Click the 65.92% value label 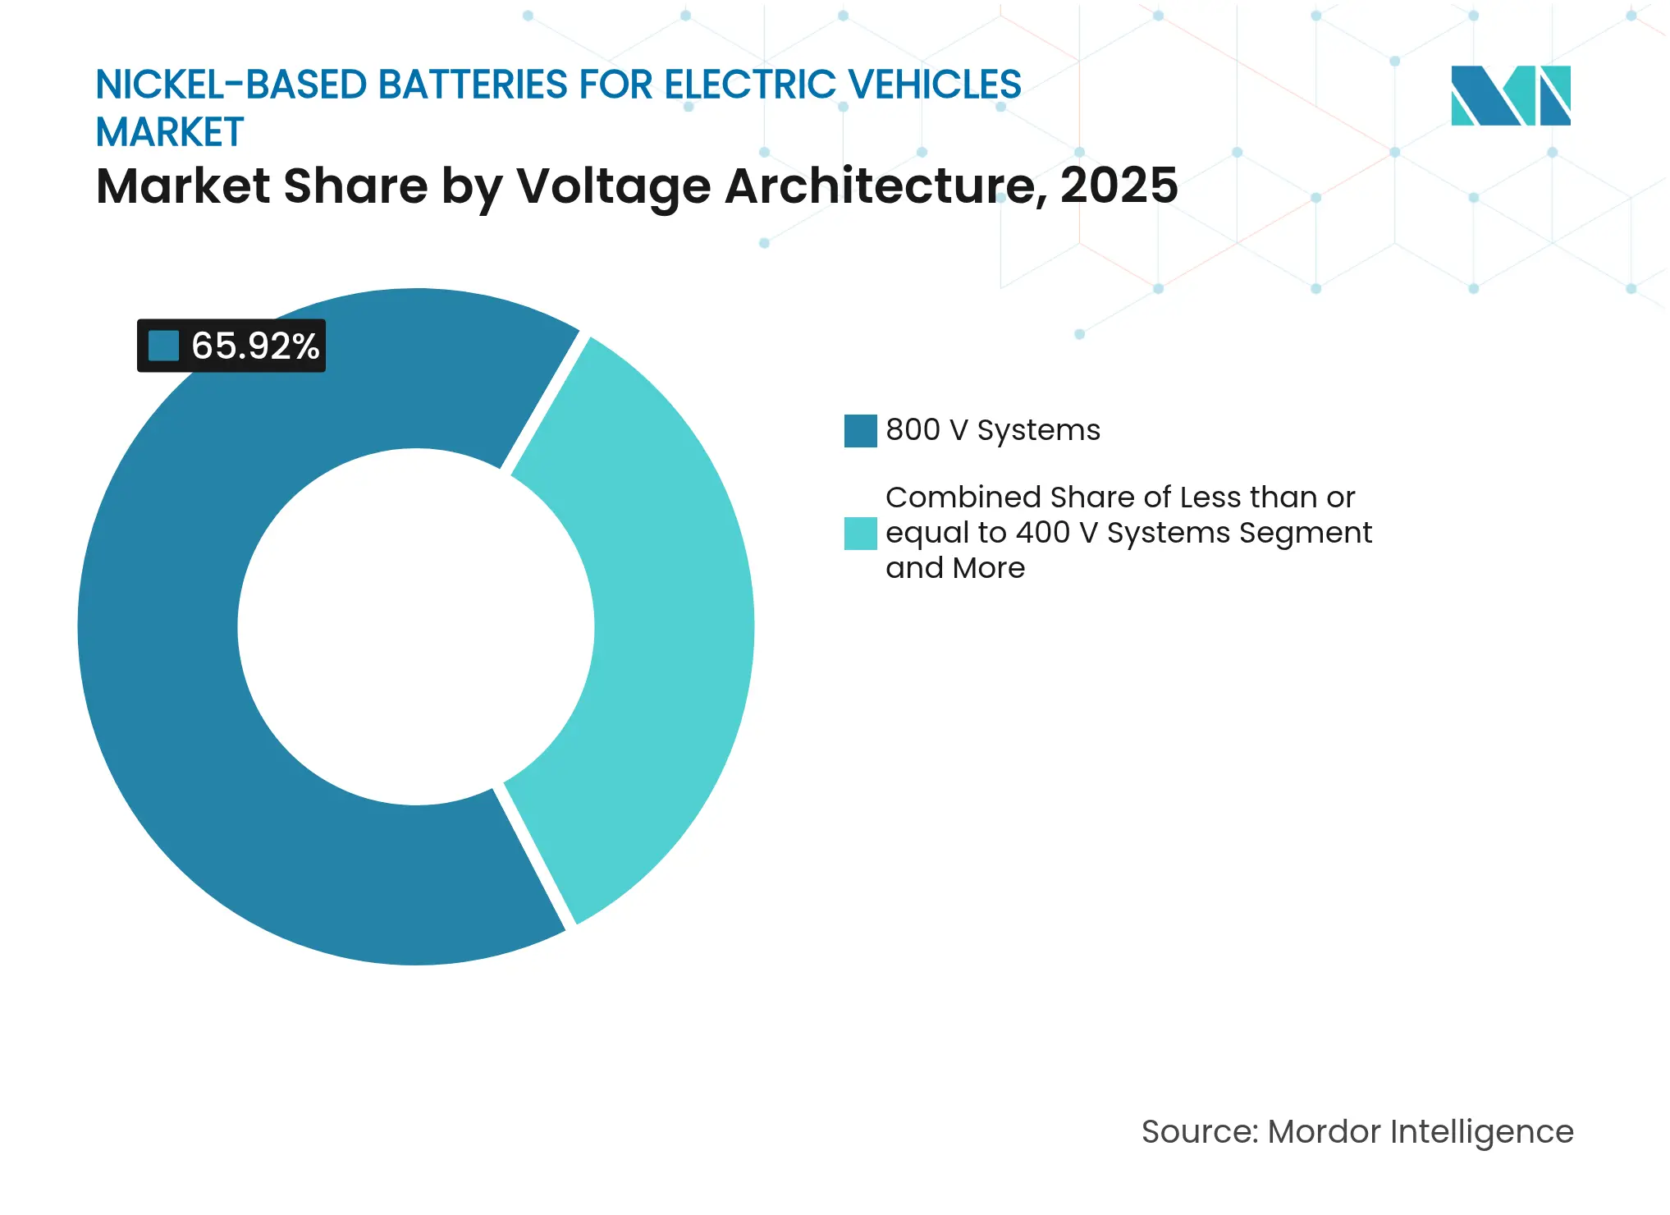pos(254,346)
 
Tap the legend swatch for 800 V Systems pos(860,431)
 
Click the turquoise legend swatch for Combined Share pos(860,533)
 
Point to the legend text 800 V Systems pos(992,430)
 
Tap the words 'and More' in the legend pos(954,568)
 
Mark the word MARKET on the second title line pos(170,133)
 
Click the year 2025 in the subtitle pos(1119,186)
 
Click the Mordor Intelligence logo pos(1510,95)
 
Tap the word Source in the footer pos(1198,1132)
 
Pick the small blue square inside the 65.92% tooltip pos(163,346)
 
